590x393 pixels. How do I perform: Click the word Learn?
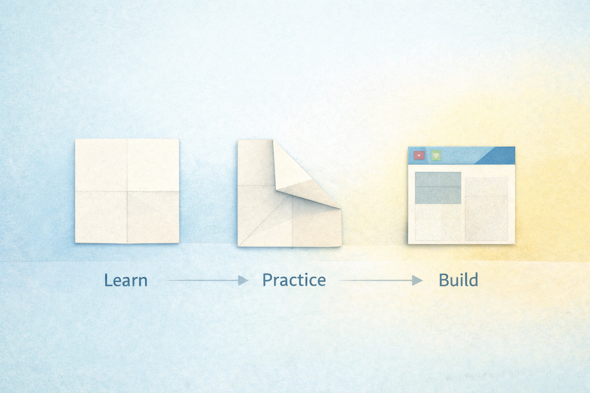(126, 280)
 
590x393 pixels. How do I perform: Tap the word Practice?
(294, 280)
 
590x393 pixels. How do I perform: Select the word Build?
(458, 280)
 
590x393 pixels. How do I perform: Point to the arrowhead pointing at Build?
(418, 281)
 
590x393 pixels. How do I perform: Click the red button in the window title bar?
(419, 155)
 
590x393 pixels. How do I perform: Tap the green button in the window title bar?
(436, 155)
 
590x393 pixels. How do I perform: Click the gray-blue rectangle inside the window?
(438, 188)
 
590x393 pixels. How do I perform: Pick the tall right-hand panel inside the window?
(486, 209)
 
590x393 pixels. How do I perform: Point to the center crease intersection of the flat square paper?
(127, 191)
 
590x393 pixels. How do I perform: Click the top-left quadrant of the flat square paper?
(101, 165)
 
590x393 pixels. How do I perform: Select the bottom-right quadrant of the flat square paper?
(153, 217)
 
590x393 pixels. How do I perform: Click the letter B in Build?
(443, 280)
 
